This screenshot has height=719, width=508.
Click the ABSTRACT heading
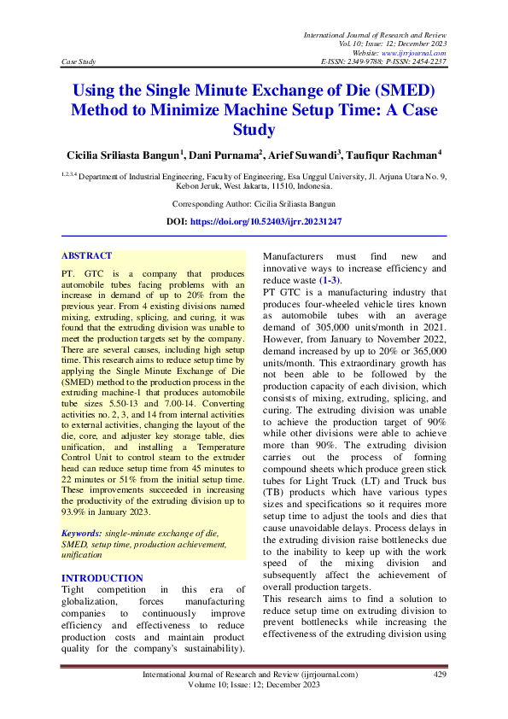point(86,255)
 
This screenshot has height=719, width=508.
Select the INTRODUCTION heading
point(102,578)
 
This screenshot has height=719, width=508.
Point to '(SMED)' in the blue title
point(401,91)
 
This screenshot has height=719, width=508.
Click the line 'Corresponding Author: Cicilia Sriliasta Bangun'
point(254,204)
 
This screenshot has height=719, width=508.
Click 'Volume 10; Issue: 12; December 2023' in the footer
point(254,685)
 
